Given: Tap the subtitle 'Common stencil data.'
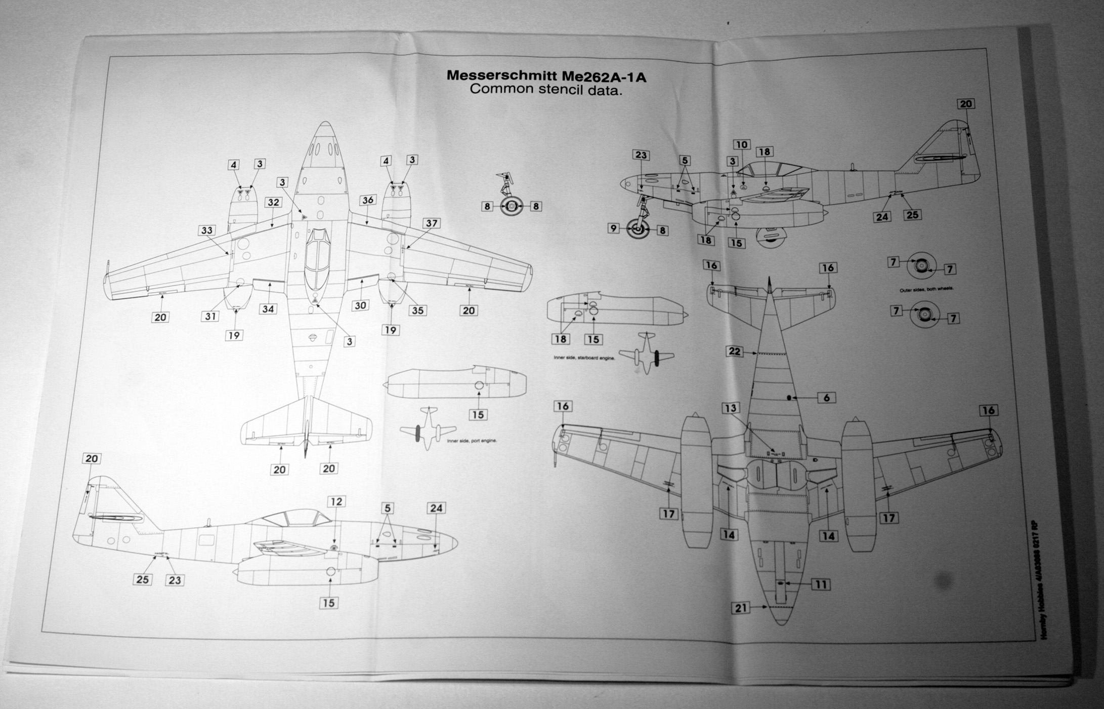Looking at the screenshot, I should pos(545,90).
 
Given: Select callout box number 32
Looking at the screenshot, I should pos(273,203).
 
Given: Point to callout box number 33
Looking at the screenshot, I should pos(206,230).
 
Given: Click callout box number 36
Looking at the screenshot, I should pos(368,200).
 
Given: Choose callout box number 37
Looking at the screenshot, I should pos(431,223).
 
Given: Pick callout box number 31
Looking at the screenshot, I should pos(210,317).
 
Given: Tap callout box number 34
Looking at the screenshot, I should pos(268,309).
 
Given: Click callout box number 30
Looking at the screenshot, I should pos(360,305).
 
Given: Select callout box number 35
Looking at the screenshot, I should pos(417,310).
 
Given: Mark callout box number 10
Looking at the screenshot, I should pos(742,145).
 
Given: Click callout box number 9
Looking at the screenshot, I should pos(614,228).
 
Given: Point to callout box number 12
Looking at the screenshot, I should pos(336,502).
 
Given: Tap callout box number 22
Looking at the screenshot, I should pos(735,351).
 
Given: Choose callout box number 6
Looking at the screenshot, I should pos(827,398).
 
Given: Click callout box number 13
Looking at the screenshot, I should pos(731,408).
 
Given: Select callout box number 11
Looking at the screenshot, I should pos(821,584).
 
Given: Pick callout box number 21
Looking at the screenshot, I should pos(741,608).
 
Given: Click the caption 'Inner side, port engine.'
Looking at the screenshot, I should pos(472,441).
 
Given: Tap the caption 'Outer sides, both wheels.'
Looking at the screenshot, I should pos(926,289).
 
